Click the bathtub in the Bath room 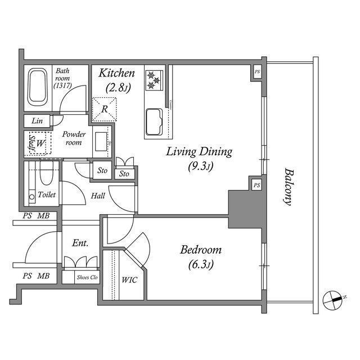click(x=38, y=87)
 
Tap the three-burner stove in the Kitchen click(x=154, y=80)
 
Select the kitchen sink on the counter click(x=154, y=122)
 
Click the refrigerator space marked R click(x=105, y=109)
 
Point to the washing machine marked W click(x=40, y=143)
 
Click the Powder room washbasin click(x=101, y=141)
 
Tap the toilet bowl click(x=46, y=173)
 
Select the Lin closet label click(x=37, y=121)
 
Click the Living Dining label click(x=199, y=152)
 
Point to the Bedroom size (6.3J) click(x=201, y=265)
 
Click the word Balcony click(x=289, y=186)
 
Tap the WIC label click(x=129, y=280)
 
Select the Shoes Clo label click(x=87, y=277)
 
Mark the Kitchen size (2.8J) click(x=118, y=88)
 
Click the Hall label click(x=98, y=196)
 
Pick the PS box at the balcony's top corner click(x=257, y=72)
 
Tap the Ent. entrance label click(x=80, y=243)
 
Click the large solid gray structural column click(x=246, y=209)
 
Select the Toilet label click(x=47, y=195)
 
